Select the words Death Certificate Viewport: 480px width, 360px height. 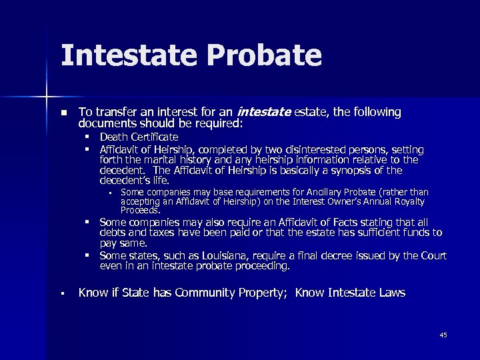coord(139,137)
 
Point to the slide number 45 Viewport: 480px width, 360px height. coord(443,335)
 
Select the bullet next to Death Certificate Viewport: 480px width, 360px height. coord(87,137)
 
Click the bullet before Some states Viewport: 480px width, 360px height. coord(87,256)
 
